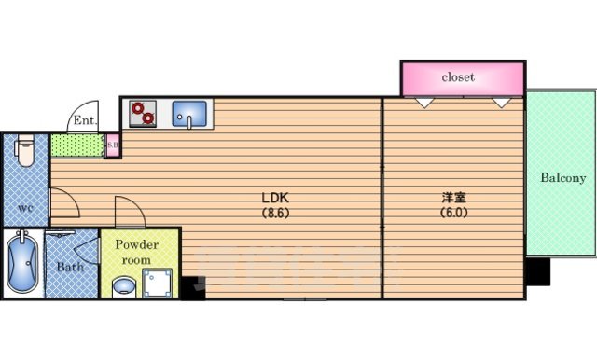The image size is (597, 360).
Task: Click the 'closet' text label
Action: coord(457,77)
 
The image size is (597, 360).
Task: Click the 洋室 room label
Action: coord(454,198)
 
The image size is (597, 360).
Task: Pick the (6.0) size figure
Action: coord(454,212)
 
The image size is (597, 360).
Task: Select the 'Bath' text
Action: coord(70,267)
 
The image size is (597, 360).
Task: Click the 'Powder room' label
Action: coord(137,251)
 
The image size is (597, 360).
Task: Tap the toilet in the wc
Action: coord(25,151)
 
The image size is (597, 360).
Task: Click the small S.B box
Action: coord(112,145)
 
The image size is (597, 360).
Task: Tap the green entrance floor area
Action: coord(76,146)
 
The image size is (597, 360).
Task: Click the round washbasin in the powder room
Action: coord(121,286)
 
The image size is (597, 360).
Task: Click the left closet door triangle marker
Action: coord(424,102)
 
